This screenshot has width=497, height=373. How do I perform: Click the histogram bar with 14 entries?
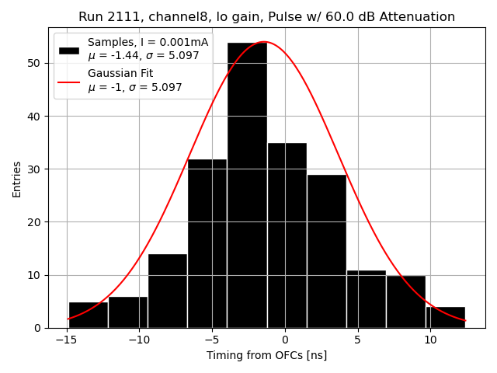tap(168, 291)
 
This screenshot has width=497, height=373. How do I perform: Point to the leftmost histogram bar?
tap(88, 315)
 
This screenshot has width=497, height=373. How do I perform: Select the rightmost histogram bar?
tap(445, 317)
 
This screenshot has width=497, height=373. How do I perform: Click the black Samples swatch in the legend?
tap(69, 50)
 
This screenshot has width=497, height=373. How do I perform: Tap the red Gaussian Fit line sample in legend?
tap(69, 81)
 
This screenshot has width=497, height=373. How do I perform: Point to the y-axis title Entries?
tap(17, 179)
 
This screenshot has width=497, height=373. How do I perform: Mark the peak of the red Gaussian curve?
tap(264, 42)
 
